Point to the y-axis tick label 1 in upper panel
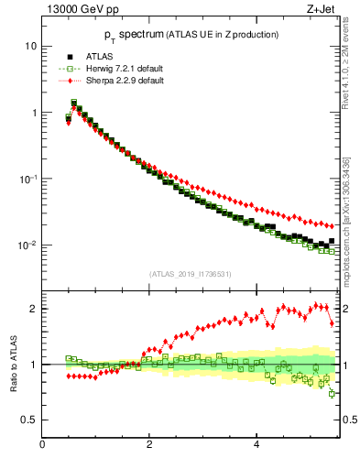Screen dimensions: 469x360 (34, 113)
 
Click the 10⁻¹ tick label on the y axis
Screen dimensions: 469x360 (28, 178)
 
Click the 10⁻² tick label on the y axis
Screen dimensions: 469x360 (28, 245)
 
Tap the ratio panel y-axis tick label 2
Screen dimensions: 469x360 (34, 309)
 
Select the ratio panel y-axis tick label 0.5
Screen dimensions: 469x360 (29, 420)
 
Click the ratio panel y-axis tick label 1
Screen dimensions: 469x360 (34, 365)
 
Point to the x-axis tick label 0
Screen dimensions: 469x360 (42, 445)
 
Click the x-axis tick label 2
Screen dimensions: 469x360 (149, 445)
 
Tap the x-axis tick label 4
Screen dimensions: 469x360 (256, 445)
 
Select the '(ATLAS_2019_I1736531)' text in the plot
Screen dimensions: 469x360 (190, 274)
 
